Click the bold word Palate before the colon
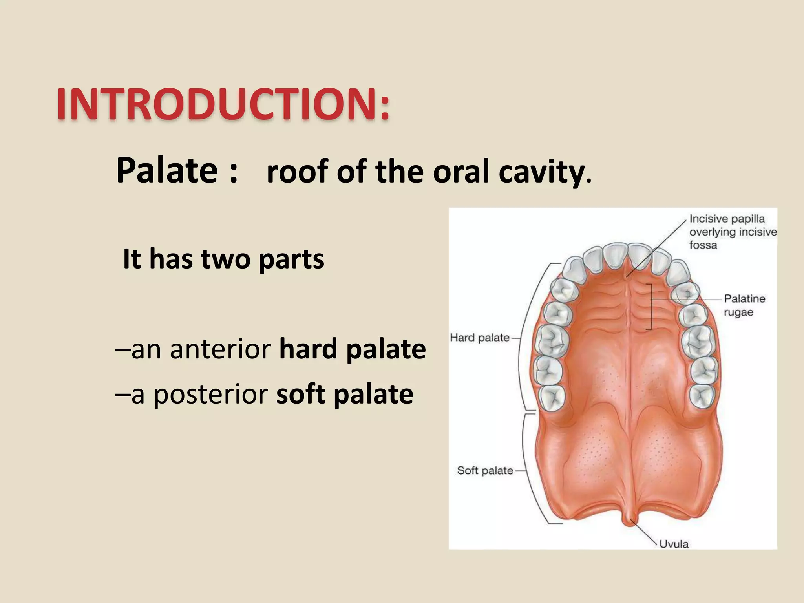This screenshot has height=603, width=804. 167,170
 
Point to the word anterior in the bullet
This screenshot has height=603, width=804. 220,349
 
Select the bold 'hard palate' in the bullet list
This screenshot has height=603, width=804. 352,349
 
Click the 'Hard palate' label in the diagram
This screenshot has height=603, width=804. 479,338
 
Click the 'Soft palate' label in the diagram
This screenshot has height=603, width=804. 485,470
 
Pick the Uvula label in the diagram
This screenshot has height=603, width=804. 674,544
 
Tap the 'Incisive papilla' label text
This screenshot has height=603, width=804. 727,219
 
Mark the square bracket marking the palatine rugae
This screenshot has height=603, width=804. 651,306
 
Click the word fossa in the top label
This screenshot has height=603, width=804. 703,245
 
